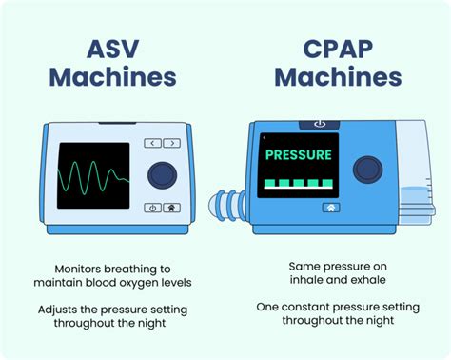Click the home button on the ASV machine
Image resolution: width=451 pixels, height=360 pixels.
pyautogui.click(x=171, y=208)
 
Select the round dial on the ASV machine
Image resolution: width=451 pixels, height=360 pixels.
pyautogui.click(x=163, y=175)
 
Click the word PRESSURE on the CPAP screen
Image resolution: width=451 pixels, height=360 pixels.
pyautogui.click(x=298, y=154)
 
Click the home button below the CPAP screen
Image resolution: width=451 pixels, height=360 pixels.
pyautogui.click(x=331, y=207)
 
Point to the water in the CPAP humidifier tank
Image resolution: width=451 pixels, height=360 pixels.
pyautogui.click(x=415, y=201)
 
